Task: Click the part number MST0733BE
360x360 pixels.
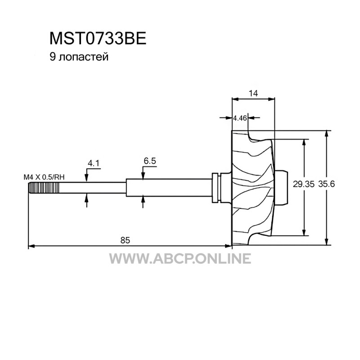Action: coord(98,38)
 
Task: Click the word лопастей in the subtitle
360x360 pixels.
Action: coord(83,57)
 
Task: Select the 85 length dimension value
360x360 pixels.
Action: coord(125,240)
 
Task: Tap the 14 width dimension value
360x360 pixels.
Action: coord(253,93)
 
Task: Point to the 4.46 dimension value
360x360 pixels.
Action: coord(240,118)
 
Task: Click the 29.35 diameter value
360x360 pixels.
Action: coord(303,184)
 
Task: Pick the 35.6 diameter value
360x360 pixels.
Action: coord(326,184)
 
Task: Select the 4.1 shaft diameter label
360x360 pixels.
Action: coord(94,163)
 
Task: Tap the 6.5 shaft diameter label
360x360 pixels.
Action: coord(150,161)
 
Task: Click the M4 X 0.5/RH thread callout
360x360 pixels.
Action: coord(44,177)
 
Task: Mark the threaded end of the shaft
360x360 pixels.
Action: coord(44,188)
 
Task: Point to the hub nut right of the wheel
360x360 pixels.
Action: coord(281,187)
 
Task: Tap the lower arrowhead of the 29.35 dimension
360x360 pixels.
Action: coord(304,232)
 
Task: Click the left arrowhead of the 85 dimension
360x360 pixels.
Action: coord(31,246)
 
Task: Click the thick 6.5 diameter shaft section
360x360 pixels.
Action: coord(169,188)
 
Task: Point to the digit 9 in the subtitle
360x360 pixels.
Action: coord(53,57)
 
